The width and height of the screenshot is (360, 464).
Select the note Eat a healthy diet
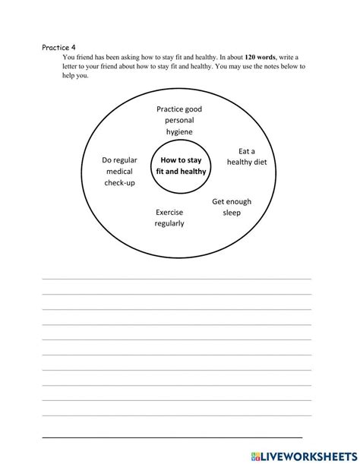pyautogui.click(x=246, y=156)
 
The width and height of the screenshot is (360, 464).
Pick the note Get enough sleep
pyautogui.click(x=232, y=207)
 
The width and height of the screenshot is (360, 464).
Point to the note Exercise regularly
pyautogui.click(x=169, y=218)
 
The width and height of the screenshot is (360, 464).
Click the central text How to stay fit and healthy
pyautogui.click(x=182, y=166)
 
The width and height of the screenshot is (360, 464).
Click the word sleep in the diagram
pyautogui.click(x=232, y=213)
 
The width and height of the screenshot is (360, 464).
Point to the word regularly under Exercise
pyautogui.click(x=169, y=224)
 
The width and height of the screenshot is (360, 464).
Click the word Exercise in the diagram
pyautogui.click(x=169, y=213)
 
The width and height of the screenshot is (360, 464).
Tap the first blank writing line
pyautogui.click(x=176, y=279)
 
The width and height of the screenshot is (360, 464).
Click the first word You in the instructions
pyautogui.click(x=69, y=57)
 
